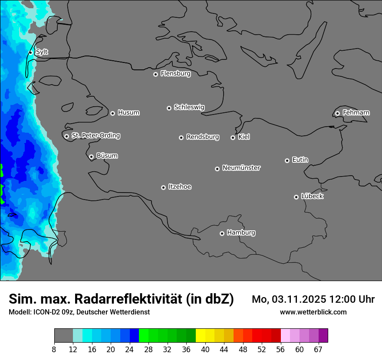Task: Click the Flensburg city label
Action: point(175,74)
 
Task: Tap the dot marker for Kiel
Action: point(233,137)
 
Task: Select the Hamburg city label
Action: point(241,233)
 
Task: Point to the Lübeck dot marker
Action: point(296,197)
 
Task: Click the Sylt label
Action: point(42,52)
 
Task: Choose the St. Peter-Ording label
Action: point(95,136)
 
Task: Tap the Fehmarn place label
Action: point(356,113)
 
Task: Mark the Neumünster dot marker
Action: point(217,169)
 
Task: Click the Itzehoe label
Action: point(180,187)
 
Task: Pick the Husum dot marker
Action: point(112,113)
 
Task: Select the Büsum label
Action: point(107,156)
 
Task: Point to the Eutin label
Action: point(300,160)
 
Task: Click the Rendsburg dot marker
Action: point(181,137)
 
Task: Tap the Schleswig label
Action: point(189,107)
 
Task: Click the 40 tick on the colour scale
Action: point(205,350)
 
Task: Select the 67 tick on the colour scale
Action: point(318,350)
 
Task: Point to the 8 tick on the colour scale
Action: point(54,350)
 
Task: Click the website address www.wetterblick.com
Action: point(313,312)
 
